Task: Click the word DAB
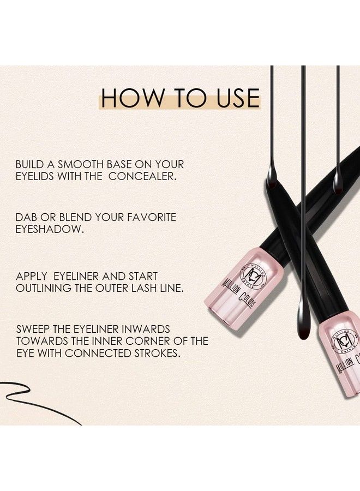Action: (x=26, y=217)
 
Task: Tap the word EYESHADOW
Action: (x=49, y=230)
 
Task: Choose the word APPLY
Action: (x=32, y=277)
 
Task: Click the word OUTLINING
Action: (x=44, y=289)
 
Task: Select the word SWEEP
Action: (x=32, y=330)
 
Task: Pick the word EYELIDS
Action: (x=38, y=177)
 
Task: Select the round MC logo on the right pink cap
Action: (x=339, y=342)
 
